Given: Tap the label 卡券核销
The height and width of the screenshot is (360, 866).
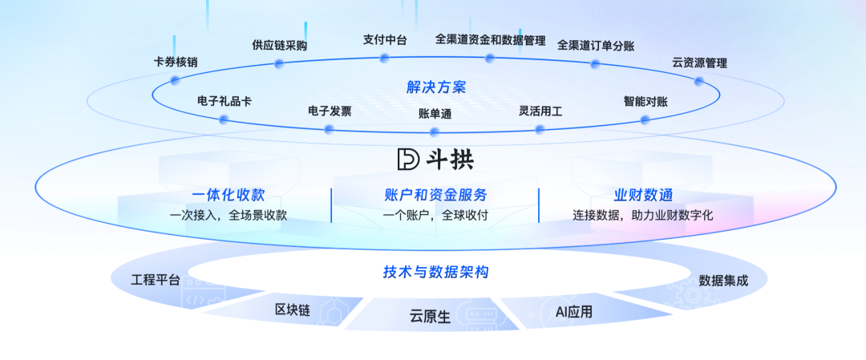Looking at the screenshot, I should (176, 62).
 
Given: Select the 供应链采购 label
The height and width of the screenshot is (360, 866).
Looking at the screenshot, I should (279, 46).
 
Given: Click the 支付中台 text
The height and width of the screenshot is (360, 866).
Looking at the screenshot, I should (385, 39).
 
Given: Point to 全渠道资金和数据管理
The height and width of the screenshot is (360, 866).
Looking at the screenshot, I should (490, 39).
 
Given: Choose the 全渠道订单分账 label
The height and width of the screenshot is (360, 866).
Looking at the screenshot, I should (596, 46).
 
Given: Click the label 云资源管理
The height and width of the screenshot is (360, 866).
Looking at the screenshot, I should (699, 63).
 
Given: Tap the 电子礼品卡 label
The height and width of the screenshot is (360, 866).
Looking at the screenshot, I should (225, 102).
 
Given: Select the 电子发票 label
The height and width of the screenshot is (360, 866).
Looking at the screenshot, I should (330, 111).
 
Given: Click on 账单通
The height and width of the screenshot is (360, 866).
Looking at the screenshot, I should (435, 114).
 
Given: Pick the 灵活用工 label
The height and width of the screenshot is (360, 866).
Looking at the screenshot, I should (540, 111).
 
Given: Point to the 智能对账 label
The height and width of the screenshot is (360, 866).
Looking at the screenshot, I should (645, 102).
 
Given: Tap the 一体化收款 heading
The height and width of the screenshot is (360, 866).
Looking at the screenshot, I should (228, 195).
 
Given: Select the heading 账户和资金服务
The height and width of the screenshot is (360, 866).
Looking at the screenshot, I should (435, 195).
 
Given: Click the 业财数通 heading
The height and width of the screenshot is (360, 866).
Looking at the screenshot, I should (643, 195).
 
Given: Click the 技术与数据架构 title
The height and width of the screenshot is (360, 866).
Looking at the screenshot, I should (435, 273).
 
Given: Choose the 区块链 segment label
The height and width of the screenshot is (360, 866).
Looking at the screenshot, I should (292, 309).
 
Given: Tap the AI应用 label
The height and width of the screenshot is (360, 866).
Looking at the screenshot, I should (574, 312).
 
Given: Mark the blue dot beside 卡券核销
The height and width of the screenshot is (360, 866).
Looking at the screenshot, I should (175, 80).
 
